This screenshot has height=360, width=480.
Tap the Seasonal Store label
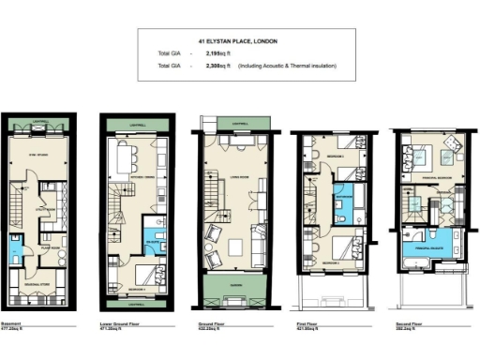[37, 284]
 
